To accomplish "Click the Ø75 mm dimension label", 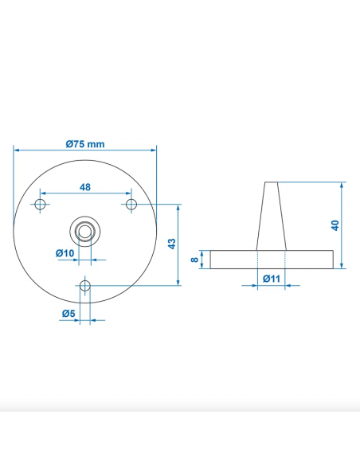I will (x=85, y=144).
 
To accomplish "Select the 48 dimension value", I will (x=84, y=187).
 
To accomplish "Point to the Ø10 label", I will (x=65, y=253).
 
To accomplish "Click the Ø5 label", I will (x=68, y=313).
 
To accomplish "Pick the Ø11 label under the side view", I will (x=270, y=279).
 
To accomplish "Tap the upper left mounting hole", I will (x=40, y=205).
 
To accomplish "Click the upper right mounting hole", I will (x=131, y=205).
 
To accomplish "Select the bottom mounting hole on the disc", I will (x=85, y=285).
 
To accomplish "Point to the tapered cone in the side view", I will (x=271, y=215).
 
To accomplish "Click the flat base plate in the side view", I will (x=271, y=259).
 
